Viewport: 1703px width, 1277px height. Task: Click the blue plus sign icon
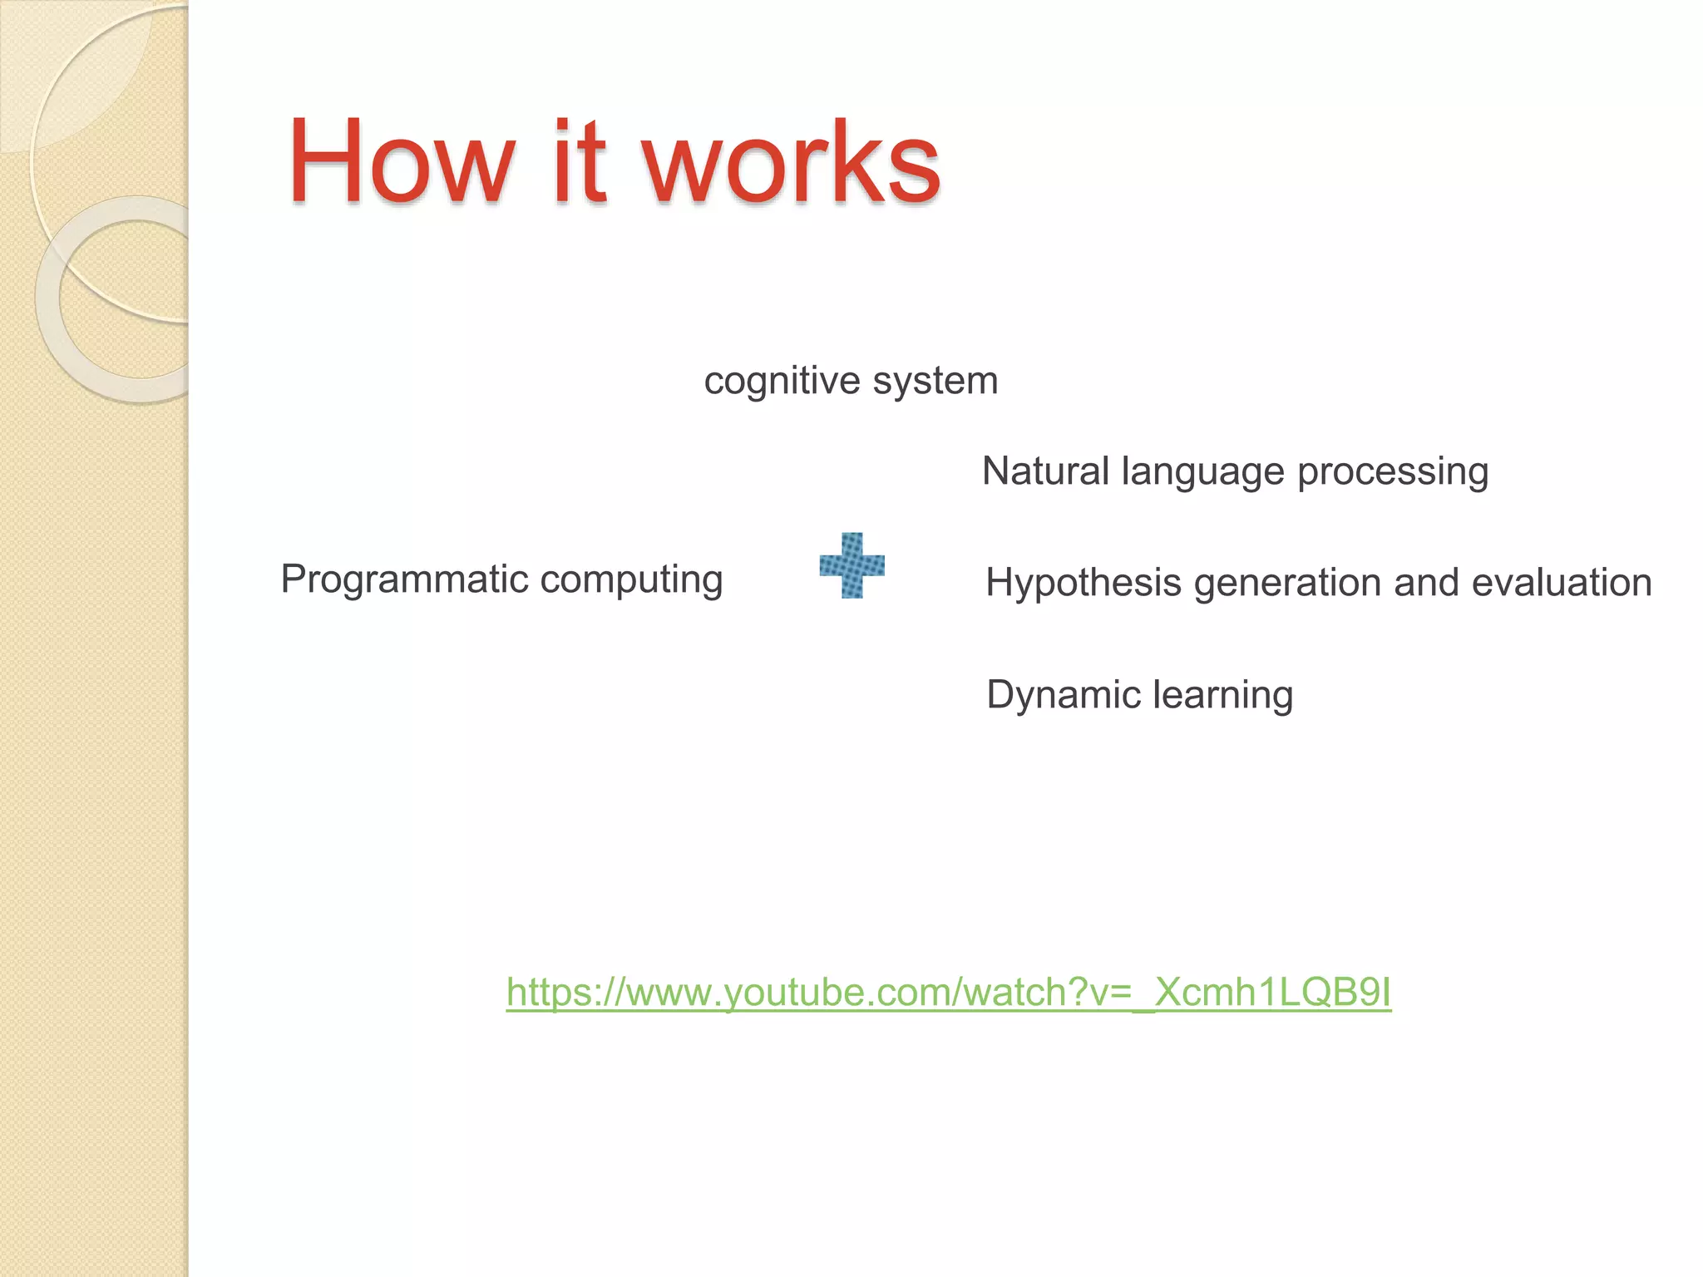coord(851,565)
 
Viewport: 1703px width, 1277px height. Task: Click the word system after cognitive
coord(935,382)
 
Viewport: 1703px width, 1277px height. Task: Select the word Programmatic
coord(404,579)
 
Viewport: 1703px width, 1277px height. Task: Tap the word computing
coord(631,579)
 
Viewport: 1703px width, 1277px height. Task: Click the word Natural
coord(1045,471)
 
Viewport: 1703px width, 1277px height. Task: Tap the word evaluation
coord(1561,582)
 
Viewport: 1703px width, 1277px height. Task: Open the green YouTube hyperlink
coord(948,992)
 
